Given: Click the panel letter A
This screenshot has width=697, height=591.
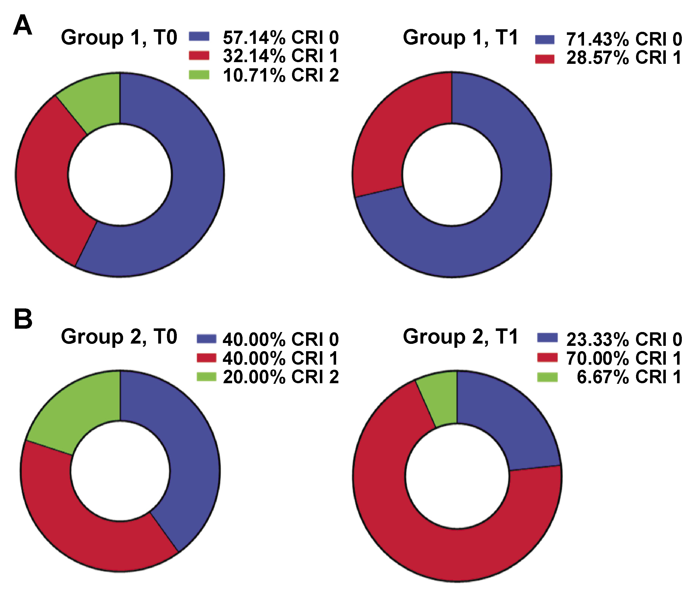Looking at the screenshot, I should (22, 25).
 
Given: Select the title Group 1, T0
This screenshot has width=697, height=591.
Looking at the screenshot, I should (119, 37).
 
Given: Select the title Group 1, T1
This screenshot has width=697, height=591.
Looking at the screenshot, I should (461, 37).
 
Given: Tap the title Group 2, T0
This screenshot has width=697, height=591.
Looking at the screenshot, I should (119, 337).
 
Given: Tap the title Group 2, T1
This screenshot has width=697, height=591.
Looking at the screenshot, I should (461, 337).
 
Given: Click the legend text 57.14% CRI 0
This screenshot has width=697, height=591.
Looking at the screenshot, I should (281, 37).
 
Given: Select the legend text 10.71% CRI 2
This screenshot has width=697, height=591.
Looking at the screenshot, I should (281, 75).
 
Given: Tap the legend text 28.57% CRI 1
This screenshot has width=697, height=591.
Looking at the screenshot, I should (624, 58).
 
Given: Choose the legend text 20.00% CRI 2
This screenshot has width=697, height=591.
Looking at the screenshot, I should (281, 377).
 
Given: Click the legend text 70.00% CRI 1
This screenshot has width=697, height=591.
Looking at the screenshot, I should (624, 358).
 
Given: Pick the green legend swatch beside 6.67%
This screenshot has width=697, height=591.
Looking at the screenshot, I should (547, 377).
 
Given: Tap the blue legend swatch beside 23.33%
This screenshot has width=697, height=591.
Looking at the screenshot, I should (547, 338).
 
